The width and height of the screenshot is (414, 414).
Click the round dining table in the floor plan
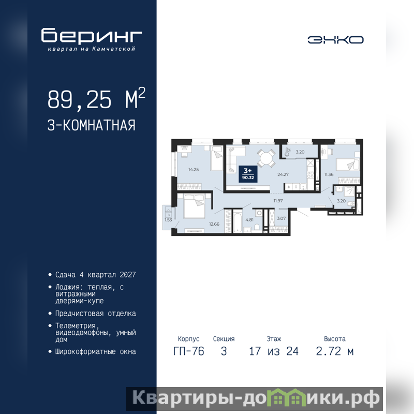click(267, 158)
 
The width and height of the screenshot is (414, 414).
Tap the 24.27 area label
click(283, 174)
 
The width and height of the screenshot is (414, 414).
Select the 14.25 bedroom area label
click(194, 170)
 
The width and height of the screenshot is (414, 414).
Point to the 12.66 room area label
click(214, 224)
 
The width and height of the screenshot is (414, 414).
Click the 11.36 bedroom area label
click(329, 174)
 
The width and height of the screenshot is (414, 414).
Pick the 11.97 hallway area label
click(278, 201)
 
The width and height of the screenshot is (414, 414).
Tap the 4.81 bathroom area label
click(249, 219)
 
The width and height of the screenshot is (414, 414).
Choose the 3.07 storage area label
click(281, 218)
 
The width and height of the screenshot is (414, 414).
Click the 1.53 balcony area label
click(168, 219)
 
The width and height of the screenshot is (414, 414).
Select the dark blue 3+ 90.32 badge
click(248, 174)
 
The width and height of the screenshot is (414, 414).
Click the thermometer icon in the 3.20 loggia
click(287, 152)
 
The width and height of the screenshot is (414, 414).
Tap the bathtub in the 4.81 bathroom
click(238, 221)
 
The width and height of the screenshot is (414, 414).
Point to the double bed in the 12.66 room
click(194, 206)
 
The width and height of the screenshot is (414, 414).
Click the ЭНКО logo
click(335, 40)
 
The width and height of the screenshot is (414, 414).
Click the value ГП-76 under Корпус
click(188, 351)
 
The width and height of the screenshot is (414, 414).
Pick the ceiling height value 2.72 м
click(334, 351)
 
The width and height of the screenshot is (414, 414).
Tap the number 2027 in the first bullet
click(127, 275)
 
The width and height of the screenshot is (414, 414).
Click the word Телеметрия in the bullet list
click(75, 326)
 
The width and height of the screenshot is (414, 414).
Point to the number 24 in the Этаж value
click(292, 351)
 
